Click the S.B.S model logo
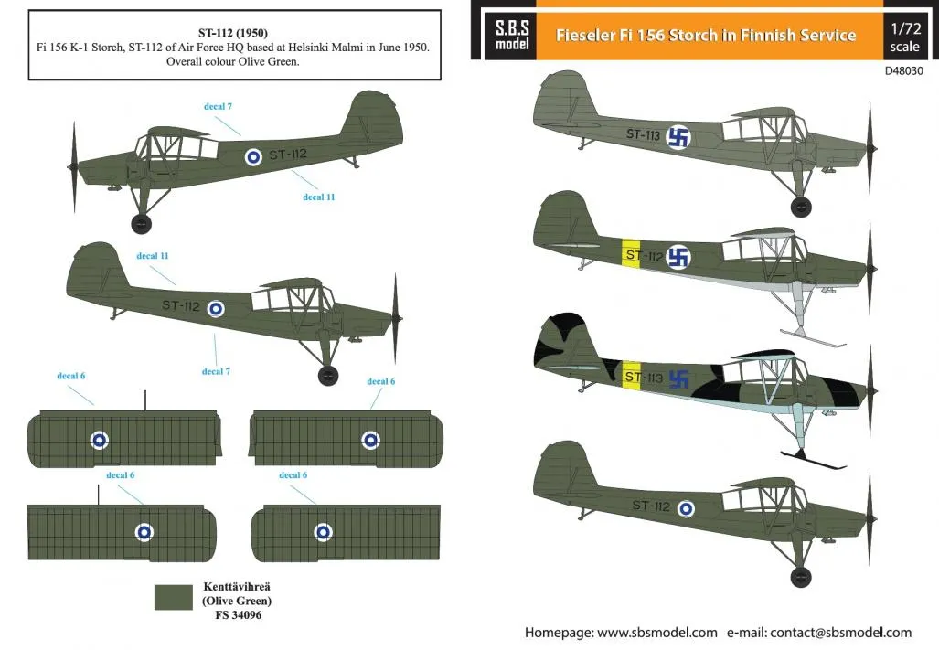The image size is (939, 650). pyautogui.click(x=511, y=35)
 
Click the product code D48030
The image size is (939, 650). pyautogui.click(x=903, y=70)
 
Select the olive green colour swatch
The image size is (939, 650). pyautogui.click(x=174, y=597)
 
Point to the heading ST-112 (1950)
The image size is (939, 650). pyautogui.click(x=233, y=33)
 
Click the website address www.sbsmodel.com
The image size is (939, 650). pyautogui.click(x=657, y=633)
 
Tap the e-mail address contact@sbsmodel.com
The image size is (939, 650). pyautogui.click(x=841, y=633)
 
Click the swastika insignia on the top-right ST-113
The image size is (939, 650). pyautogui.click(x=678, y=137)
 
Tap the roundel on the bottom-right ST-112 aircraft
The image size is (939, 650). pyautogui.click(x=686, y=508)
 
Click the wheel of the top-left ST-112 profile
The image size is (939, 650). pyautogui.click(x=142, y=224)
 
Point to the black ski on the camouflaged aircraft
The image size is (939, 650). pyautogui.click(x=813, y=460)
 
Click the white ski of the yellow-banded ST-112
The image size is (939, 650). pyautogui.click(x=813, y=338)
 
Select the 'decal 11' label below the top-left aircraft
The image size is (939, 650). pyautogui.click(x=318, y=197)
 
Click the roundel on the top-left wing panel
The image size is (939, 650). pyautogui.click(x=100, y=441)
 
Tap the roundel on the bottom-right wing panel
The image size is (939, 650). pyautogui.click(x=323, y=531)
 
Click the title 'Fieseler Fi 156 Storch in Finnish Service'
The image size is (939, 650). pyautogui.click(x=706, y=36)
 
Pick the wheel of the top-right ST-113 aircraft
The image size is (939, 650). pyautogui.click(x=801, y=207)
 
